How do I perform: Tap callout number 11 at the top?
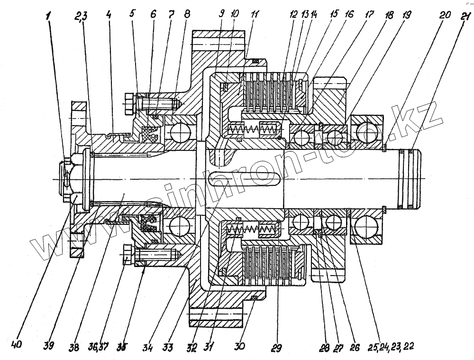pyautogui.click(x=255, y=15)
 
